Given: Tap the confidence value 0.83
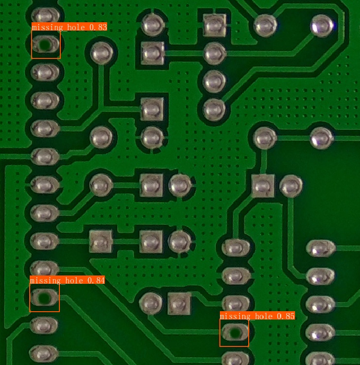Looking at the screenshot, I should pos(98,27).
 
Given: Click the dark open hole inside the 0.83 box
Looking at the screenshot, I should pos(45,45).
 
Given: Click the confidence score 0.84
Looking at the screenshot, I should pos(96,281).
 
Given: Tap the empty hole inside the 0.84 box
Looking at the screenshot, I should pos(44,297).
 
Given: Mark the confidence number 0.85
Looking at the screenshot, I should pos(286,316).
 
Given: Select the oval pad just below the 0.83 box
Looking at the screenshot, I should pos(45,72).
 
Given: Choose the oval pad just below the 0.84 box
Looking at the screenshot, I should pos(44,326).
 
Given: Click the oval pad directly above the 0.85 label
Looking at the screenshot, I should pos(236,304).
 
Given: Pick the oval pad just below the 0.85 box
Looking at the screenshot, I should pos(235,359).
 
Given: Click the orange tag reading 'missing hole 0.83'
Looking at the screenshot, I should pos(70,27).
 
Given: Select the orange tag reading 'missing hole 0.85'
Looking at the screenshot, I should pos(257,316).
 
